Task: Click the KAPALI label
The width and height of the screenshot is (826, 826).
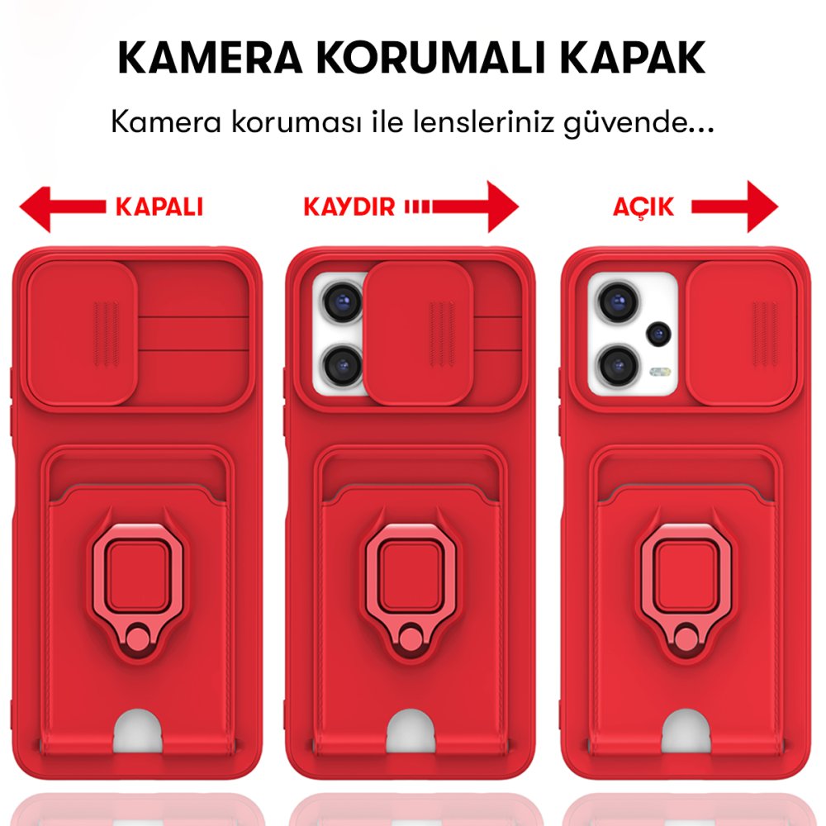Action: pyautogui.click(x=159, y=206)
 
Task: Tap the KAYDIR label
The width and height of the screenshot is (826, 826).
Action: pyautogui.click(x=349, y=206)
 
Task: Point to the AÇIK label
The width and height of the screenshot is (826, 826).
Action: pyautogui.click(x=643, y=206)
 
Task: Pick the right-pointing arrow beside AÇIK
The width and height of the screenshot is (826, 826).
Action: pyautogui.click(x=735, y=206)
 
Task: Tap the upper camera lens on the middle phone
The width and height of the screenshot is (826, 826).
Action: pyautogui.click(x=340, y=301)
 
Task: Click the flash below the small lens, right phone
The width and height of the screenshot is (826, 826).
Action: pyautogui.click(x=658, y=373)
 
